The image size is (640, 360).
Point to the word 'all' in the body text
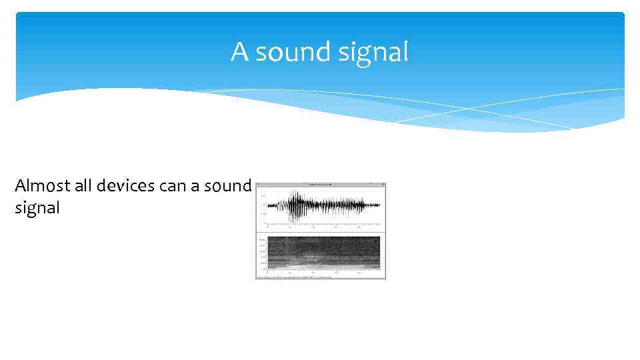[x=84, y=185]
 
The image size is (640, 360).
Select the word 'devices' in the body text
[x=125, y=185]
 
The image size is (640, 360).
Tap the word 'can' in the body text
[x=173, y=185]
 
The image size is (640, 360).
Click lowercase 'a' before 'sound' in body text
[x=195, y=185]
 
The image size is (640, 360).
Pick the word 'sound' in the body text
[x=227, y=185]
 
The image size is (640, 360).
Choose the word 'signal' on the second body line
[x=37, y=208]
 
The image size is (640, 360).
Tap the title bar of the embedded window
[x=321, y=184]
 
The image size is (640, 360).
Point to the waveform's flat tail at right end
[x=373, y=205]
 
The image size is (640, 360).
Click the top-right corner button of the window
[x=383, y=184]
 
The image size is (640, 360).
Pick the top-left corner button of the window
[x=259, y=184]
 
